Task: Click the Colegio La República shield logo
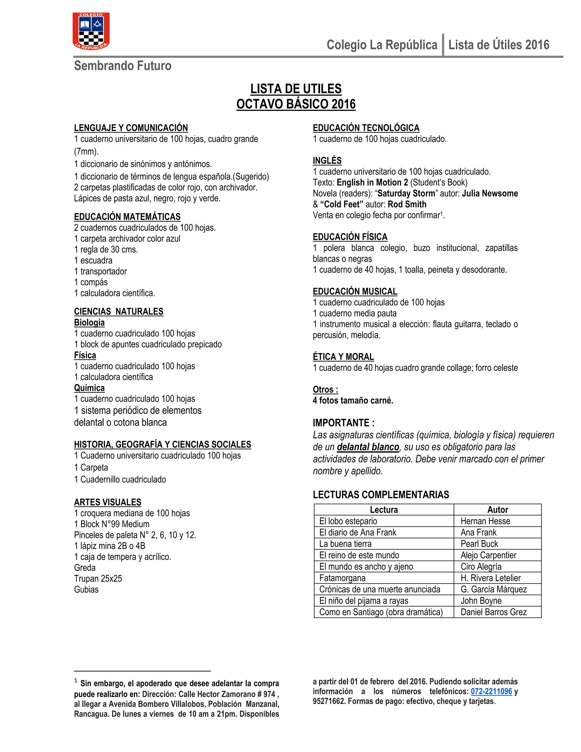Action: (x=91, y=31)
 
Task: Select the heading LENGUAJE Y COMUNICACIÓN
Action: (x=131, y=128)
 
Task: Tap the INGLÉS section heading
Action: (x=327, y=160)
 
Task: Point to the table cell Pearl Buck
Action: (x=479, y=544)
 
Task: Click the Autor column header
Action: (x=497, y=510)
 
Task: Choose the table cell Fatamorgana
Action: (x=342, y=578)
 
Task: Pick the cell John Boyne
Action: (x=481, y=600)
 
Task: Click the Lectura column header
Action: (x=384, y=510)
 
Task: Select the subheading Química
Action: (x=89, y=388)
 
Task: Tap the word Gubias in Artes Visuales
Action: (x=86, y=589)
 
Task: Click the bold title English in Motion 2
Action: (x=372, y=182)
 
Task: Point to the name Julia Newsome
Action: (x=490, y=194)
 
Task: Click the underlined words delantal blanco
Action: (x=368, y=447)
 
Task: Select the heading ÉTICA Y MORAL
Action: (x=343, y=357)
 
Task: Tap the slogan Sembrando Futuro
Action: (x=123, y=66)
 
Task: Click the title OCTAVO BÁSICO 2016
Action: (x=296, y=104)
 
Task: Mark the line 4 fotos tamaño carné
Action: (x=353, y=400)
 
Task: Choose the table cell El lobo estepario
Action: (x=348, y=521)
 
